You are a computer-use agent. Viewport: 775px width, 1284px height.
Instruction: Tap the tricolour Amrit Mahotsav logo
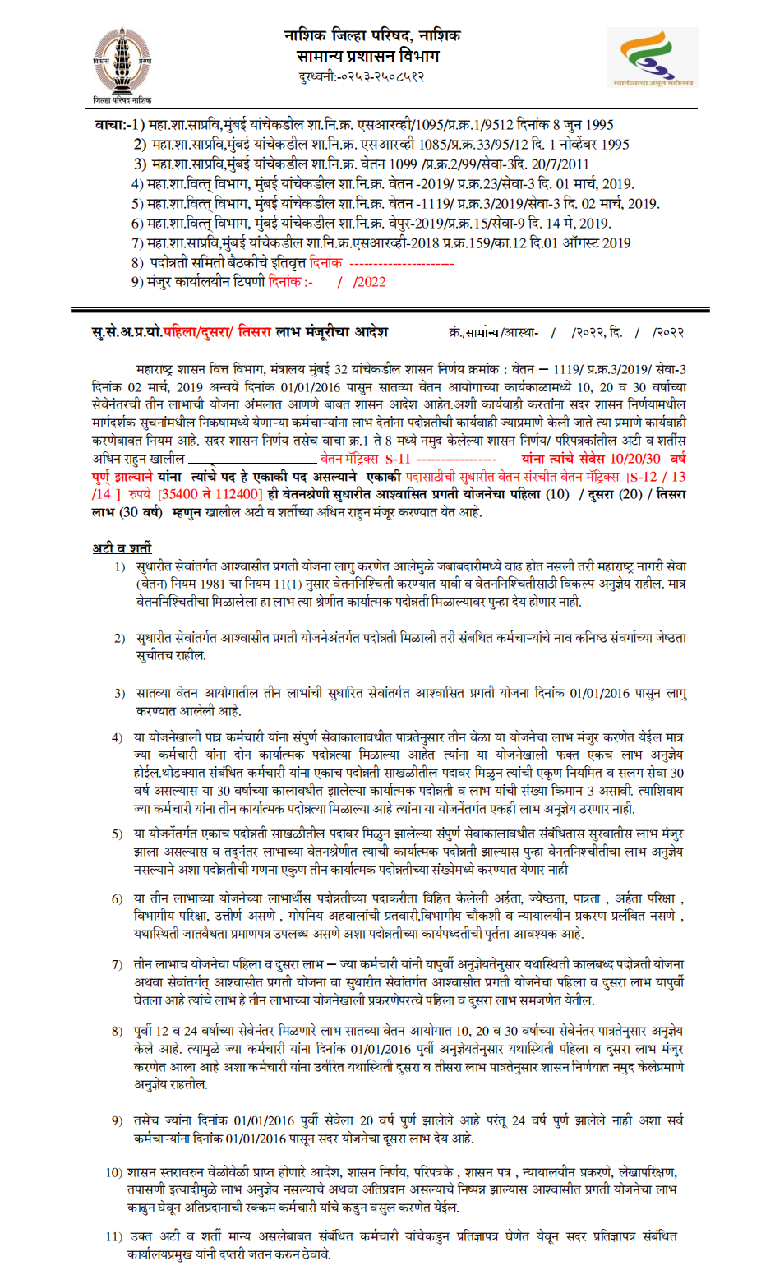coord(653,56)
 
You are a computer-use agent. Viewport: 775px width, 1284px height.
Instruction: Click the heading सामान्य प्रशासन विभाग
coord(368,56)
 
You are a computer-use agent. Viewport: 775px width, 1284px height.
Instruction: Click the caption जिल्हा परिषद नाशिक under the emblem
coord(122,100)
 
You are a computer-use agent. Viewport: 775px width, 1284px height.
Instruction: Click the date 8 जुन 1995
coord(583,125)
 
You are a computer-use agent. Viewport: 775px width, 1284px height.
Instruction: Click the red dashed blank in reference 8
coord(401,263)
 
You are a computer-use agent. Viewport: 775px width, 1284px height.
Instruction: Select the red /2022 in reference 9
coord(369,282)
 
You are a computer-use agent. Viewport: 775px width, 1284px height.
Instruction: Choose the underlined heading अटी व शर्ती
coord(122,547)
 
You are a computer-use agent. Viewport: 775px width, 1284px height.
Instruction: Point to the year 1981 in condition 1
coord(212,584)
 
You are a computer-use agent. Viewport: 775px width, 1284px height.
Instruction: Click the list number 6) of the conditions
coord(118,898)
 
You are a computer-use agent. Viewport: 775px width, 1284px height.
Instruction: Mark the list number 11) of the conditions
coord(114,1236)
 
